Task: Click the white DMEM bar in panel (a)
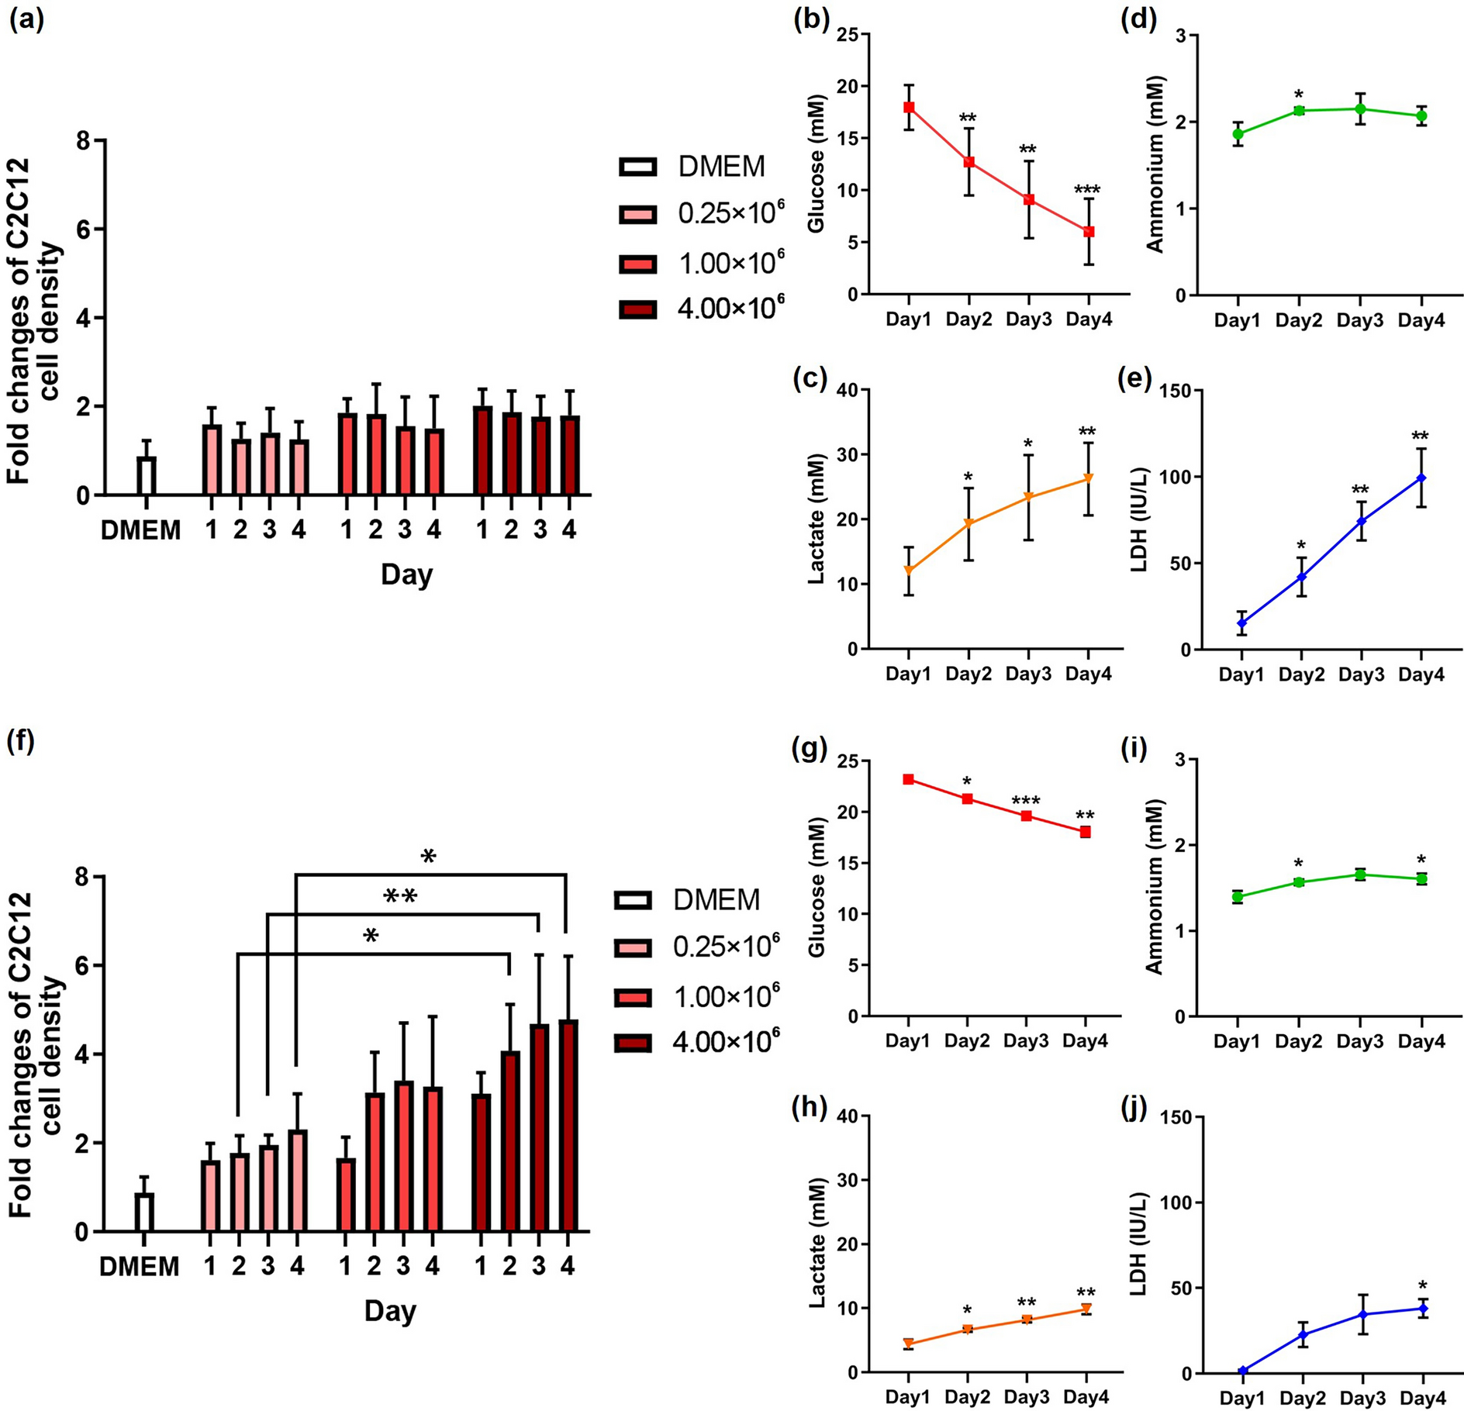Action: [146, 475]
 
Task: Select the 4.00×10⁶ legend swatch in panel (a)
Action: [638, 309]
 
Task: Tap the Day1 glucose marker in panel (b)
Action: [909, 107]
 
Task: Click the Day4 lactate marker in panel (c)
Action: [1089, 478]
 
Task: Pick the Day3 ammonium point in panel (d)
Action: [1360, 109]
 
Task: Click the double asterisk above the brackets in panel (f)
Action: [400, 898]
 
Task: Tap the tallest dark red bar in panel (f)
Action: [568, 1125]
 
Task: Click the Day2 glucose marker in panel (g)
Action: [968, 799]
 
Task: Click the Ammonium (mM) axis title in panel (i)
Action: [1155, 888]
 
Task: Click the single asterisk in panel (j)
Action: [1423, 1285]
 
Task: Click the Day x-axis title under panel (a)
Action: [406, 574]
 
